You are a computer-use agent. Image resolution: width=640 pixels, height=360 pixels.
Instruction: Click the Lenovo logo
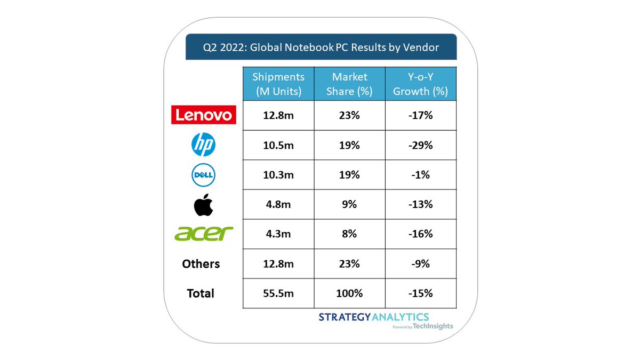pos(203,114)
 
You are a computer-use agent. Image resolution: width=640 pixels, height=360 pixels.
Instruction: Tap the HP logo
pos(203,145)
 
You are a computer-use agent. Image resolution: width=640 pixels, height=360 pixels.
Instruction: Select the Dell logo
pos(203,175)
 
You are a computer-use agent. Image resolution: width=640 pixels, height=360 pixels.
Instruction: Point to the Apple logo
pos(203,204)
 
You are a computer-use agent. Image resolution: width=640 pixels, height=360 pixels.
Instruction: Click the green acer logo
pos(204,234)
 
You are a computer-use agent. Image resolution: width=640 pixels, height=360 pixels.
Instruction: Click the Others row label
pos(201,263)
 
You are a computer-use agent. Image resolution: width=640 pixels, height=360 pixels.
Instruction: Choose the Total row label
pos(201,293)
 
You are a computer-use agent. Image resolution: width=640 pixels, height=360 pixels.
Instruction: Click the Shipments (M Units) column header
pos(278,84)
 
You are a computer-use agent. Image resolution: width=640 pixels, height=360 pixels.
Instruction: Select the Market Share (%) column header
pos(349,84)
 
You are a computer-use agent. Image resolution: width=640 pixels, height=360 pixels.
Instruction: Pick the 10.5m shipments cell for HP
pos(278,145)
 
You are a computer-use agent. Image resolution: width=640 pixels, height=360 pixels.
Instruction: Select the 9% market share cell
pos(349,204)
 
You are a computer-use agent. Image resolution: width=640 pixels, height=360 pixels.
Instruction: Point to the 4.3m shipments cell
pos(278,234)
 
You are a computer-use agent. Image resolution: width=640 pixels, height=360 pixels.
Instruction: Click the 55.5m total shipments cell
pos(278,293)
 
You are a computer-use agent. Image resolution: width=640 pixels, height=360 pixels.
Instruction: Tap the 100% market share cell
pos(349,293)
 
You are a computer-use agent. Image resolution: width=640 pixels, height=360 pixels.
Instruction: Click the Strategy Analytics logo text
pos(373,317)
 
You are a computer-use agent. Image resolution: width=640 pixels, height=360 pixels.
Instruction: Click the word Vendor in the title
pos(421,47)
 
